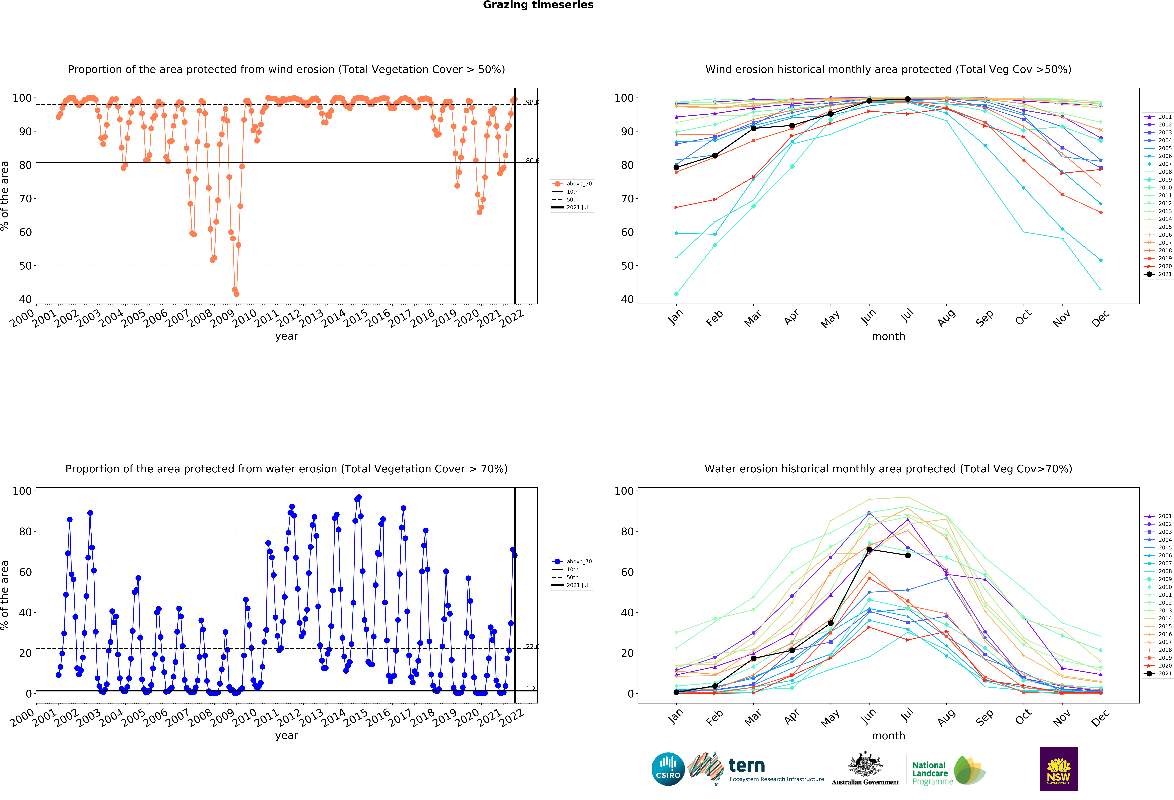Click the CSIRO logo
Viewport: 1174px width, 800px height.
(x=668, y=769)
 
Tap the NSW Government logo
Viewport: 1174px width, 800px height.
(x=1058, y=769)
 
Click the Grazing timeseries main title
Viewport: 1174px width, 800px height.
(x=538, y=5)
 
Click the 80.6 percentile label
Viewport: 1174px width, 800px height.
(x=532, y=161)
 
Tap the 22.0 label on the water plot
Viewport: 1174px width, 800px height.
(x=532, y=646)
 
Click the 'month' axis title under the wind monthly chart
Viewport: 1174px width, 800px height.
(x=888, y=336)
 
